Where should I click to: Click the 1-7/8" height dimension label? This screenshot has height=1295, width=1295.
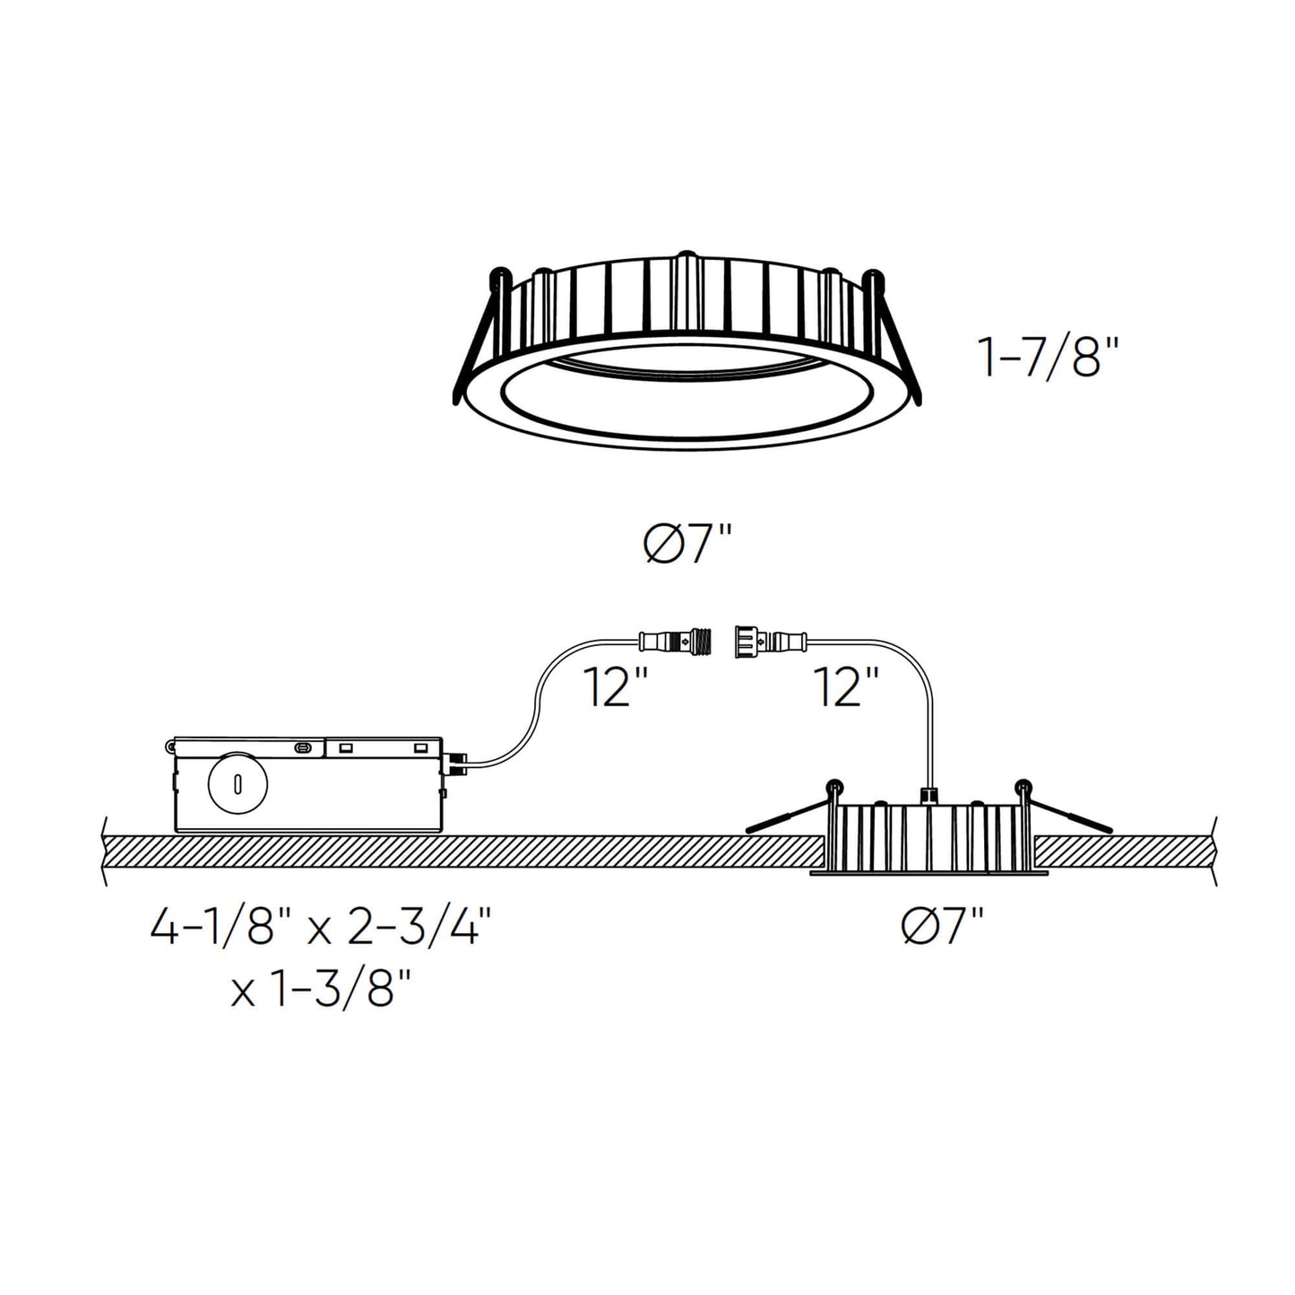[x=1049, y=359]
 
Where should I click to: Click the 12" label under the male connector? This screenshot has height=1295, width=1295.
[x=616, y=687]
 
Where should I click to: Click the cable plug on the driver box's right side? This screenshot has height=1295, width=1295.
[x=456, y=763]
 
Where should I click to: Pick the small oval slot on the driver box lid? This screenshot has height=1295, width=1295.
[x=305, y=747]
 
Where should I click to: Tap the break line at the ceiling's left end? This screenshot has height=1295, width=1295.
[x=107, y=851]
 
